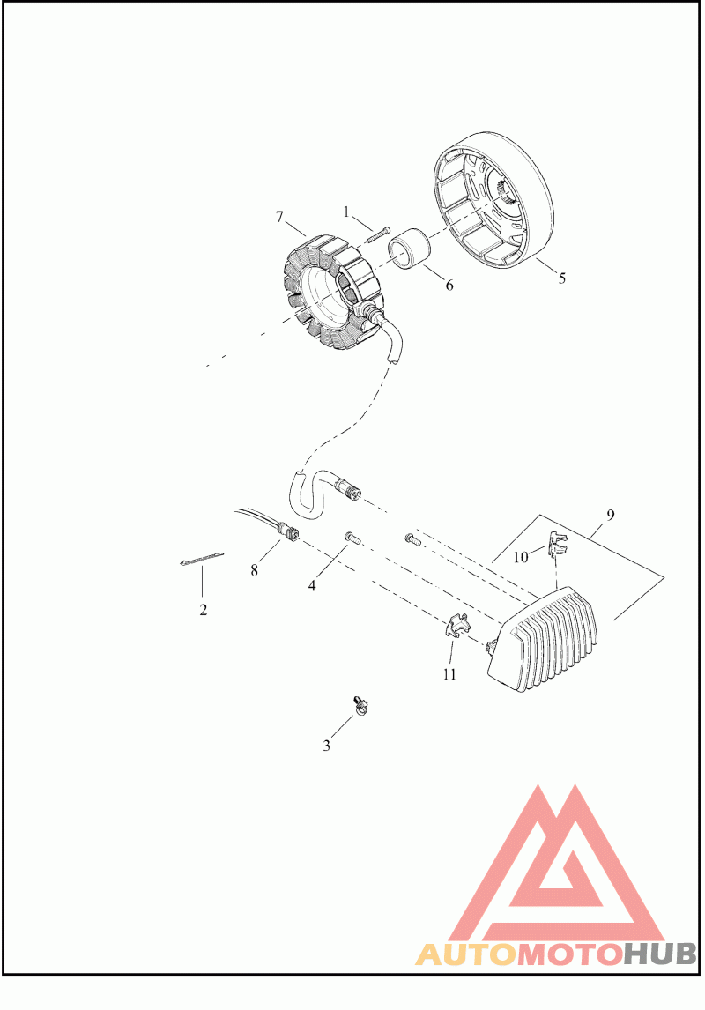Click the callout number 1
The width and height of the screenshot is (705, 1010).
point(347,212)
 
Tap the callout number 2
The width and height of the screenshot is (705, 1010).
point(203,609)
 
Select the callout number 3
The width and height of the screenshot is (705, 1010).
point(326,746)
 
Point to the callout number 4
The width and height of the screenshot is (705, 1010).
point(312,584)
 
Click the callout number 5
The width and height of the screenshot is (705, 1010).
point(561,278)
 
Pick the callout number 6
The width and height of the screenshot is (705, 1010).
point(449,286)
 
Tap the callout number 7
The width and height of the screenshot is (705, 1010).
point(279,216)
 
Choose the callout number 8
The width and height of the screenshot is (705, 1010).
point(254,569)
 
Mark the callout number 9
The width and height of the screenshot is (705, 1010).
point(610,513)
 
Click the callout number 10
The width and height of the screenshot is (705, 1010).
point(521,557)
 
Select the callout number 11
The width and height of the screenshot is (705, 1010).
point(449,674)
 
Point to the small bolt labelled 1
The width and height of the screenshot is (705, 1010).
point(377,233)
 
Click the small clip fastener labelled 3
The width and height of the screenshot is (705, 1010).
point(359,703)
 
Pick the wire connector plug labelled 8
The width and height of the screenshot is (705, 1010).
point(287,532)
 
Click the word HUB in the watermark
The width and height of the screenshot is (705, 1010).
point(661,954)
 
